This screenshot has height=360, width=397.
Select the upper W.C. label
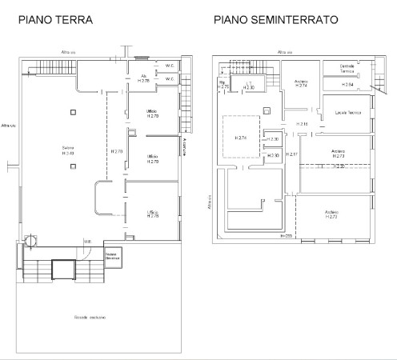click(170, 66)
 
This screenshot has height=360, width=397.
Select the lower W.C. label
click(170, 79)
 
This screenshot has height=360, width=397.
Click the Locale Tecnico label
click(347, 112)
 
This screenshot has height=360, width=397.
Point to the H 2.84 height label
click(347, 84)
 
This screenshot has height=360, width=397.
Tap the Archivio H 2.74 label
click(301, 82)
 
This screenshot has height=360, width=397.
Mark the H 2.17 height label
click(292, 154)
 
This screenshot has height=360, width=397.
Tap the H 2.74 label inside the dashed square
click(241, 138)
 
